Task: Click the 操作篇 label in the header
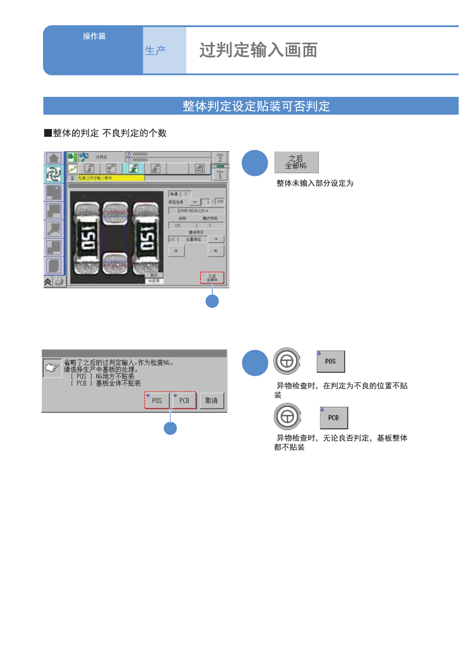coord(94,36)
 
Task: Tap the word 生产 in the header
coord(155,50)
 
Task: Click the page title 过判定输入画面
coord(258,50)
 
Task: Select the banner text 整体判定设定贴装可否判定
coord(256,106)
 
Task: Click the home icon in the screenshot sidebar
coord(54,158)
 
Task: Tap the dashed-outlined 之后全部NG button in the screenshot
coord(212,278)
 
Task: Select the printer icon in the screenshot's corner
coord(59,282)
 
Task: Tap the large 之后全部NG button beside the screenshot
coord(296,162)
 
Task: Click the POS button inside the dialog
coord(157,401)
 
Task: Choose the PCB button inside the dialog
coord(184,401)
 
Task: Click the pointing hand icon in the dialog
coord(52,368)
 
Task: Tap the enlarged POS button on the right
coord(331,362)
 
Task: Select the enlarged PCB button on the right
coord(334,418)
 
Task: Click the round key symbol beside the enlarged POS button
coord(287,361)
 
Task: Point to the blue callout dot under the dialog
coord(170,428)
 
